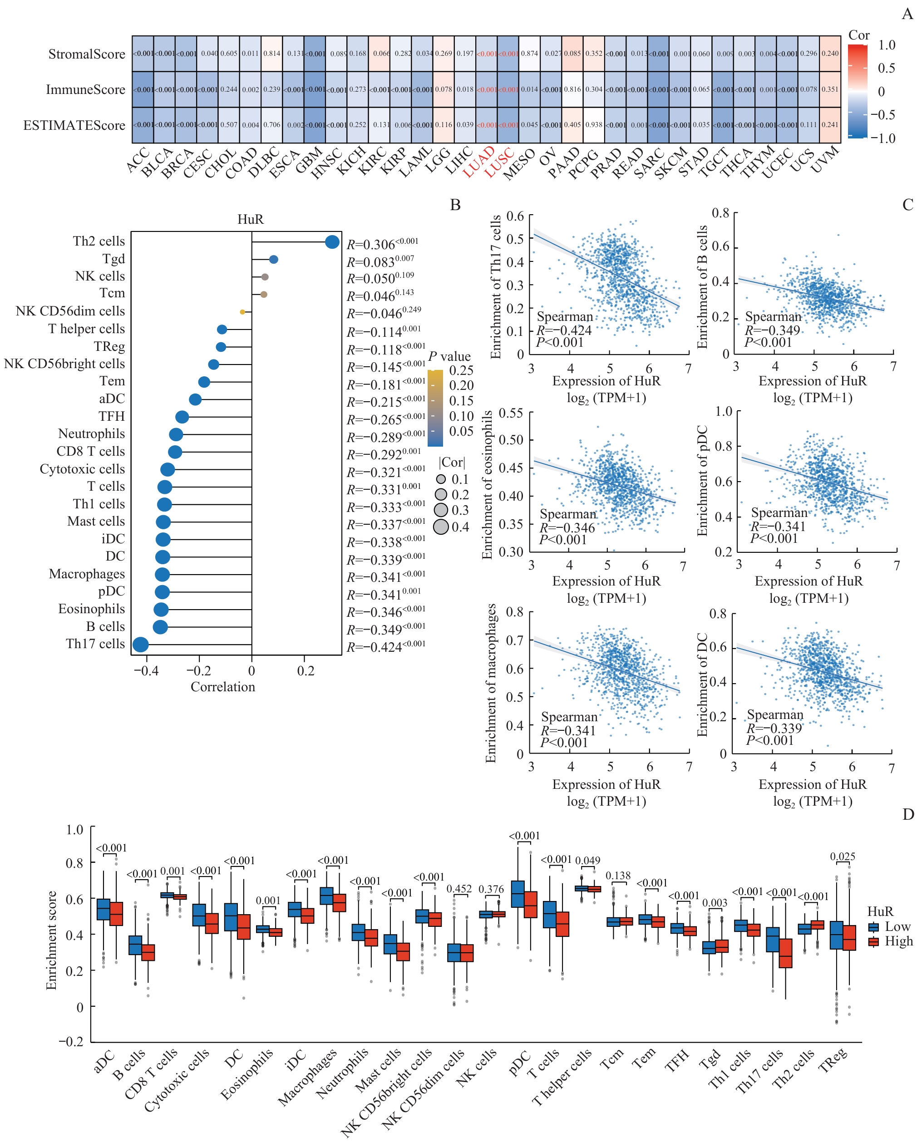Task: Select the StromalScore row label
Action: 86,54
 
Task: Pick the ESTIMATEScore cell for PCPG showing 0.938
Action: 594,125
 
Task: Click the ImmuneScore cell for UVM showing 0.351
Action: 829,89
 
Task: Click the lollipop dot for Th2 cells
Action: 332,242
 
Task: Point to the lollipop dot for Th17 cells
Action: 140,645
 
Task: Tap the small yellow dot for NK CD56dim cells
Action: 242,312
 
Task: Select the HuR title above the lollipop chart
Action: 251,219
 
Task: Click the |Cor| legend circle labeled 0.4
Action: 441,527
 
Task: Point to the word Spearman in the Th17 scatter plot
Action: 565,317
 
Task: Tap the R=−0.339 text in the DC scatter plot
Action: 774,729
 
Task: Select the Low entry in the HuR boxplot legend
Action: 889,926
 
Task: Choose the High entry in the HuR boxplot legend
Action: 890,941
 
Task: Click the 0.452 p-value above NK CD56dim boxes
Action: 459,889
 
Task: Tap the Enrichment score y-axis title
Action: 51,940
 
